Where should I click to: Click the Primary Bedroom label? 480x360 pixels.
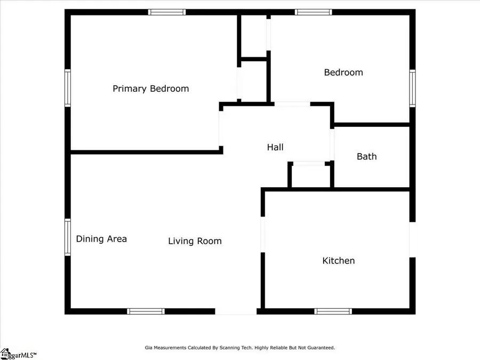coord(150,89)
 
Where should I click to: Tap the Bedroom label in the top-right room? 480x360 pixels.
coord(343,72)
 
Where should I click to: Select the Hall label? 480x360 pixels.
coord(275,147)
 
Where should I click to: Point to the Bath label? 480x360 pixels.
coord(366,156)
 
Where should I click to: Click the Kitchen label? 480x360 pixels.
coord(339,260)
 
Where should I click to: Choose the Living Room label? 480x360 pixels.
coord(195,241)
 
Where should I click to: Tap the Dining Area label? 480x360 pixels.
coord(101,238)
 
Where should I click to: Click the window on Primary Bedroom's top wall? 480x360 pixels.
coord(167,12)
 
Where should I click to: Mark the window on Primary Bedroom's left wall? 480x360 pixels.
coord(68,88)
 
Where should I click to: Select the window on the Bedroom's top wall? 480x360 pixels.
coord(314,12)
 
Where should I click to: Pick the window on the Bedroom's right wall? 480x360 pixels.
coord(412,88)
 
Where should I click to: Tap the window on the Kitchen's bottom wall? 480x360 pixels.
coord(333,311)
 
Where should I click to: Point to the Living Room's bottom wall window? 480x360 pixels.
coord(146,311)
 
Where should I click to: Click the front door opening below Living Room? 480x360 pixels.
coord(236,311)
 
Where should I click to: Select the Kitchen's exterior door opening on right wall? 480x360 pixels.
coord(412,239)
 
